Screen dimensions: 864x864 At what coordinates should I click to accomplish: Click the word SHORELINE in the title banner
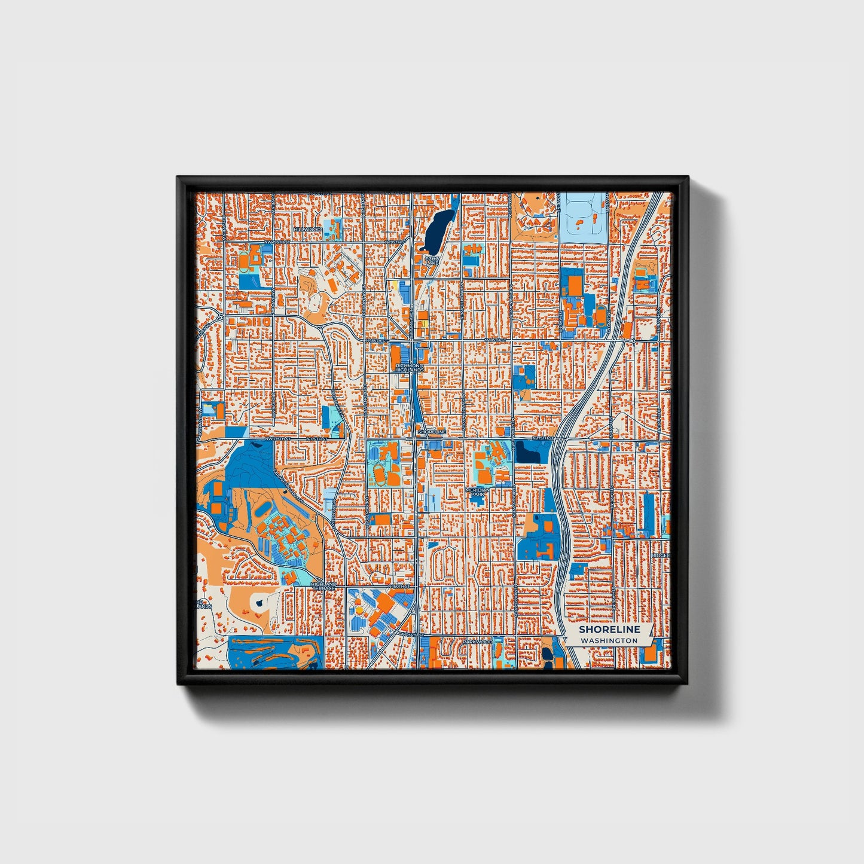coord(609,629)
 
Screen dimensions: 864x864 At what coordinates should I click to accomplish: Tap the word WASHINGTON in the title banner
coord(609,640)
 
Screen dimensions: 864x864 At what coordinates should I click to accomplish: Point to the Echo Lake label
coord(432,259)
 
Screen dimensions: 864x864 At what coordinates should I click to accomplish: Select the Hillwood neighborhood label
coord(308,230)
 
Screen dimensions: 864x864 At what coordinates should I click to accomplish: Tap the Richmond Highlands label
coord(409,368)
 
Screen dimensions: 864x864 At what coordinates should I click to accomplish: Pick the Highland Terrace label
coord(323,586)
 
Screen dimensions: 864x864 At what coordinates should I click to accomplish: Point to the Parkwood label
coord(477,642)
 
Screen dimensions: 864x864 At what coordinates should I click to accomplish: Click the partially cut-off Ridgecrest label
coord(661,555)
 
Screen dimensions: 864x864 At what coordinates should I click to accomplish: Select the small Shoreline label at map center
coord(432,431)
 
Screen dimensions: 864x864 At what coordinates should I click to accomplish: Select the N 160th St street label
coord(400,587)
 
